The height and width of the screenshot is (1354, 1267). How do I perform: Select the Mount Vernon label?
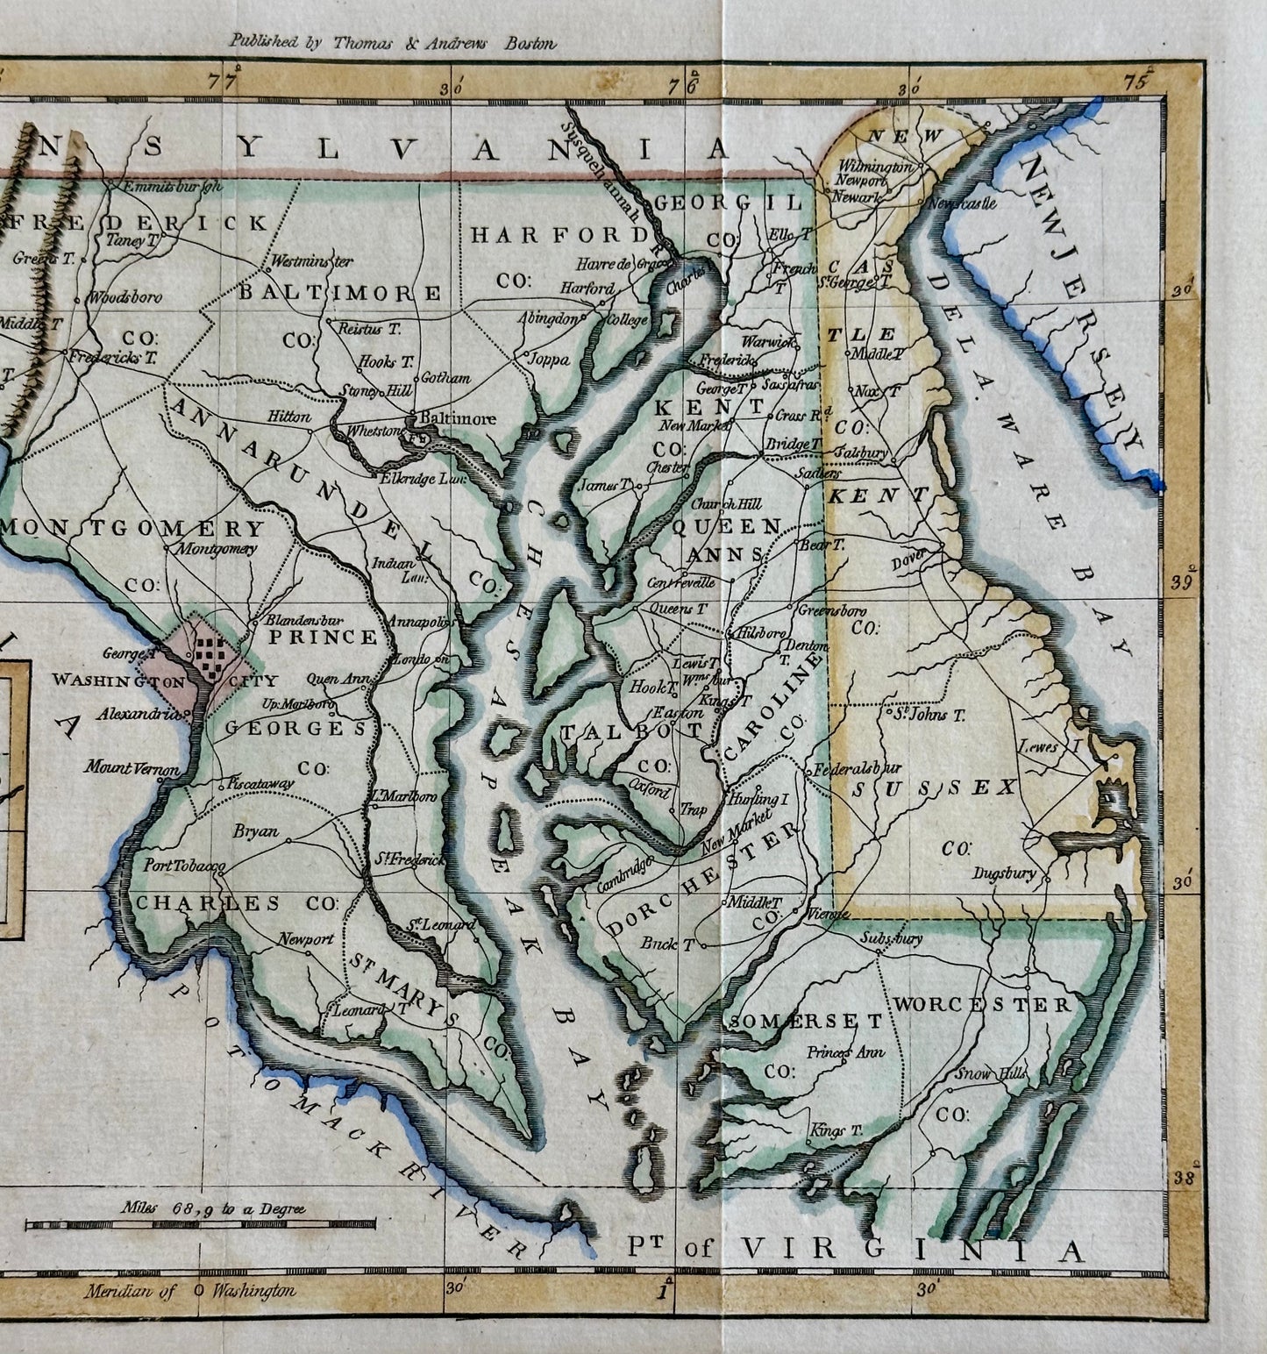132,769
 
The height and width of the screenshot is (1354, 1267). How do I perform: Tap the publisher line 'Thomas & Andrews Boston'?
392,41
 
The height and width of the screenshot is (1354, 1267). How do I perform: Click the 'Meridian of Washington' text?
191,1290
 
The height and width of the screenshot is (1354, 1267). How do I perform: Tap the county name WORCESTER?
982,1004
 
